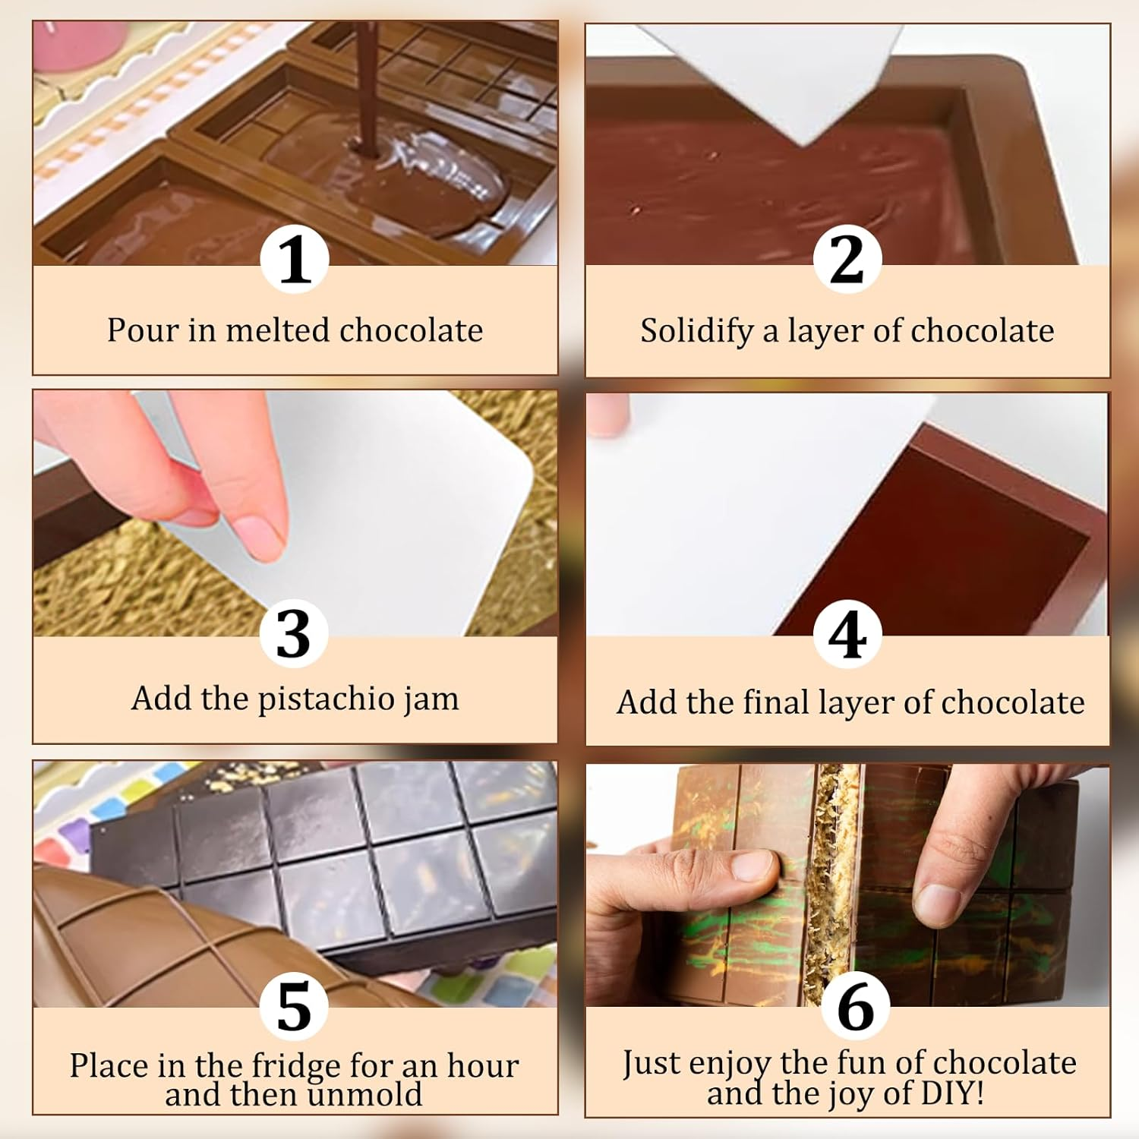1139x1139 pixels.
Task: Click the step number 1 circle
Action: [295, 260]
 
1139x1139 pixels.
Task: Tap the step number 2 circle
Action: [847, 260]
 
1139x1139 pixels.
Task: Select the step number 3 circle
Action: [294, 633]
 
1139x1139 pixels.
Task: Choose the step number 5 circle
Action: [294, 1005]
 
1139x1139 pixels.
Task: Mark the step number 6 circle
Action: [856, 1007]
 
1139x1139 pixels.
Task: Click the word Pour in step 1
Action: [143, 330]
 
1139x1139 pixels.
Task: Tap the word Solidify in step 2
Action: [696, 331]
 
